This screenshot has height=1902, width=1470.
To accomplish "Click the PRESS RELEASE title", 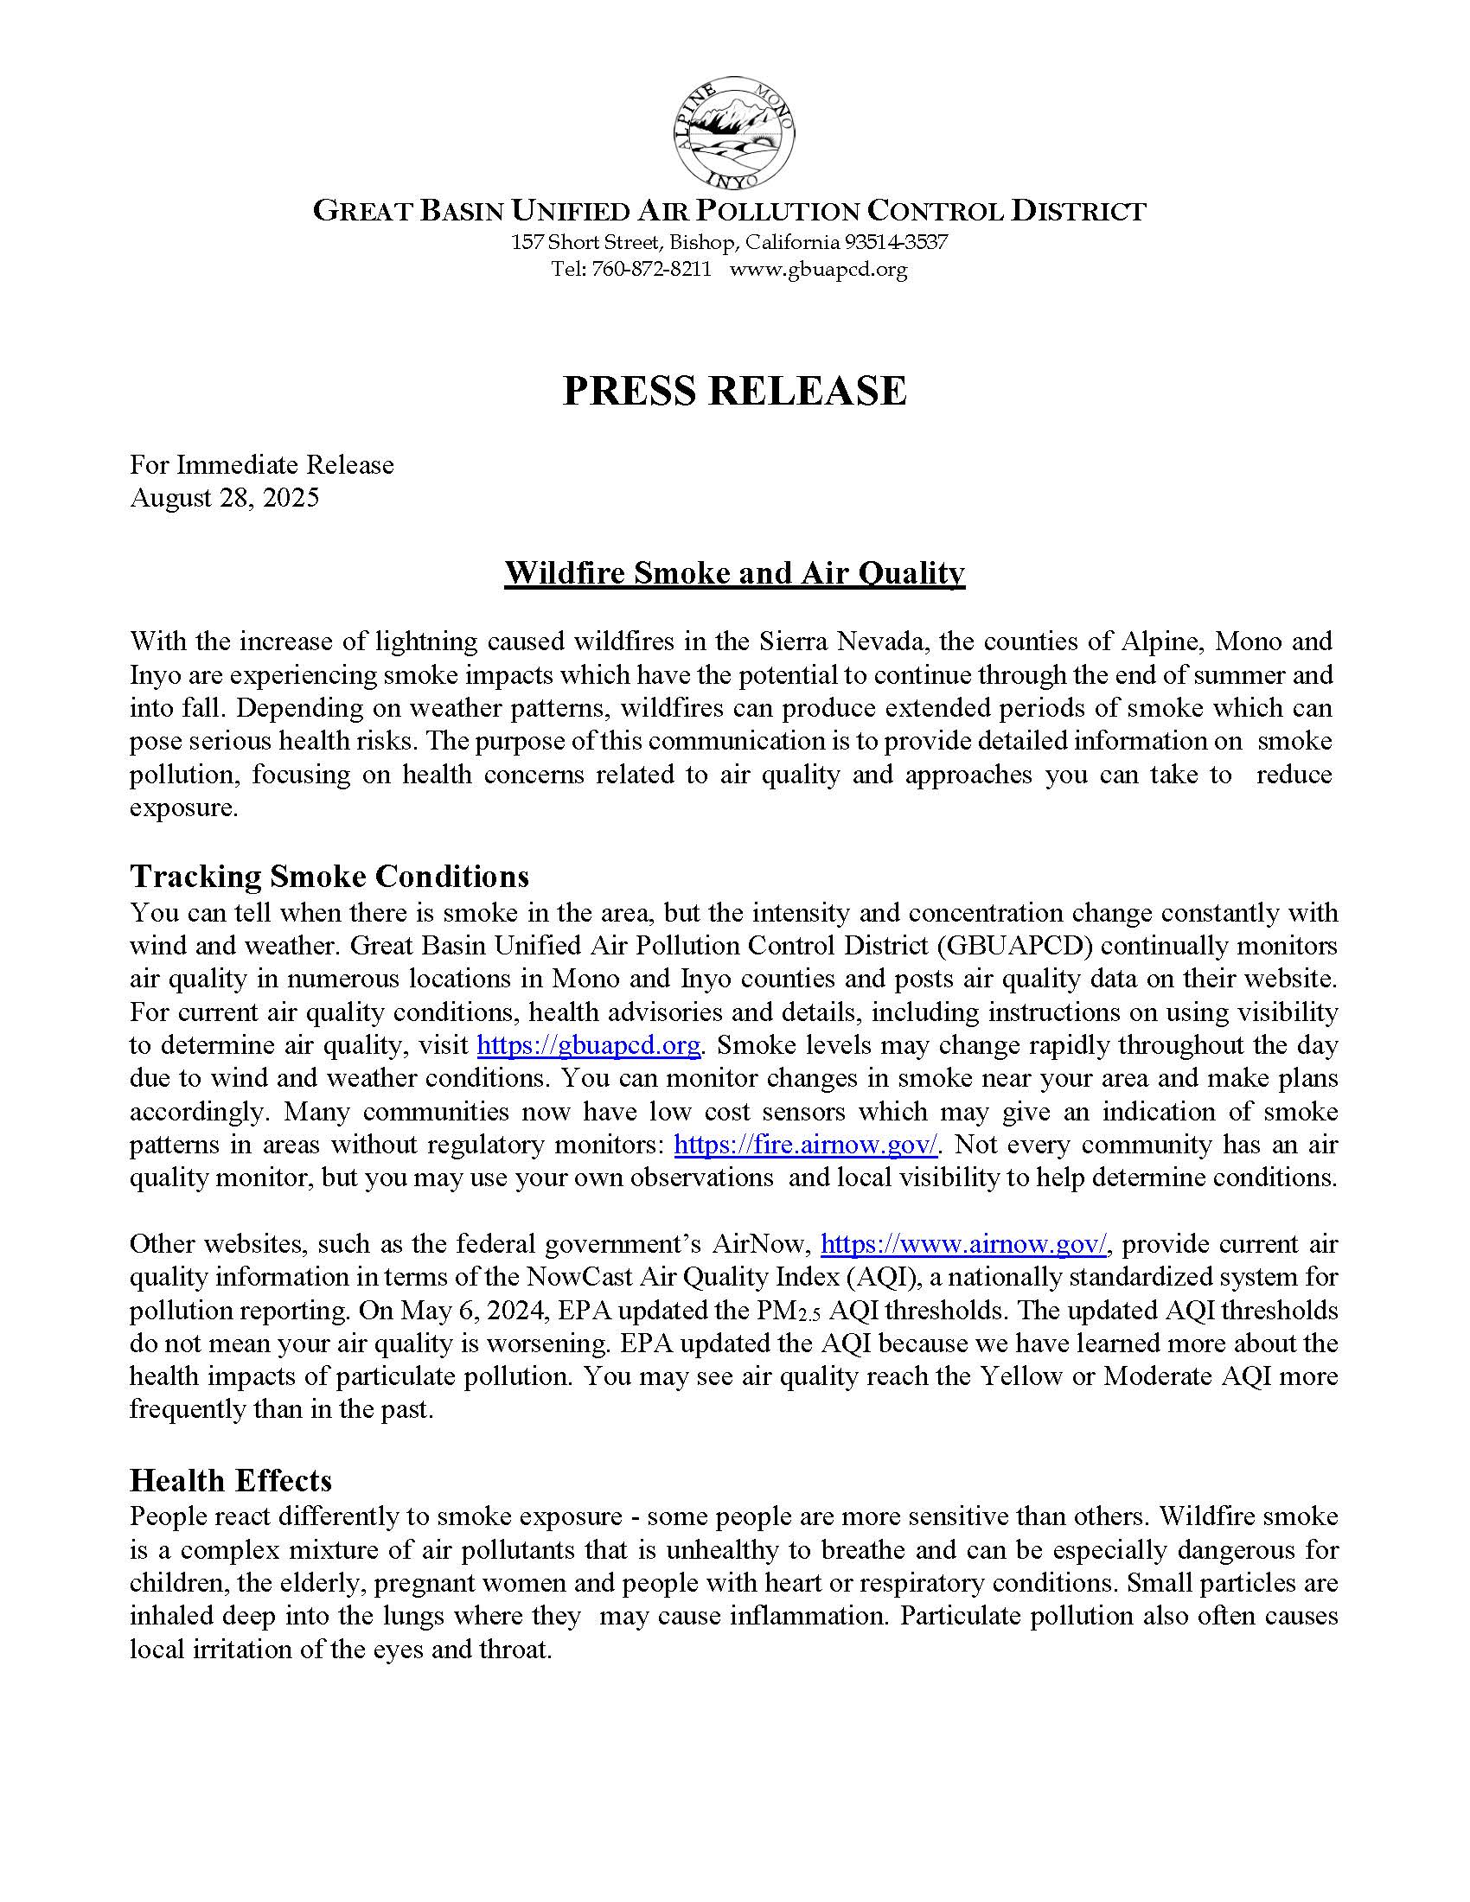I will (734, 391).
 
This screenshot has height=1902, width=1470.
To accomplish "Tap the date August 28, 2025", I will (225, 497).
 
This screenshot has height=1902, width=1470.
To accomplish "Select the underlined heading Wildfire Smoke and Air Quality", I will (734, 573).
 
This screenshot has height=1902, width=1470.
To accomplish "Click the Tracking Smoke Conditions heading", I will (329, 875).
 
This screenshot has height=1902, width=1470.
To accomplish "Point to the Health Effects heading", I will (231, 1480).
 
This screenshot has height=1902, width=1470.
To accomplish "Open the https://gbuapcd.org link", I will (590, 1045).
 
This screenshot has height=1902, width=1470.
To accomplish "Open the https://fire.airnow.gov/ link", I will (807, 1145).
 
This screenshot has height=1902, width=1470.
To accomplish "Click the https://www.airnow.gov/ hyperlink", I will (964, 1244).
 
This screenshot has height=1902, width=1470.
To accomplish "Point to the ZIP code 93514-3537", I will (895, 242).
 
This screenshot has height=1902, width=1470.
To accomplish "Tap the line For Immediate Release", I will (262, 465).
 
